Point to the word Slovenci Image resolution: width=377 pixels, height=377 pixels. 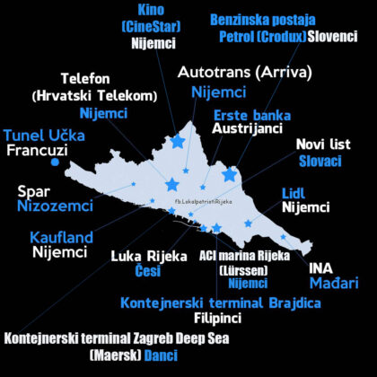(338, 37)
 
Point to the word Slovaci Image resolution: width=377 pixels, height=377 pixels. (320, 161)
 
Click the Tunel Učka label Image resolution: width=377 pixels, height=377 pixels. (39, 135)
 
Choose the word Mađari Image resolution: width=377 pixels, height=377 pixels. (337, 284)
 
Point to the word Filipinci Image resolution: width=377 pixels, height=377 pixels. (221, 318)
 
